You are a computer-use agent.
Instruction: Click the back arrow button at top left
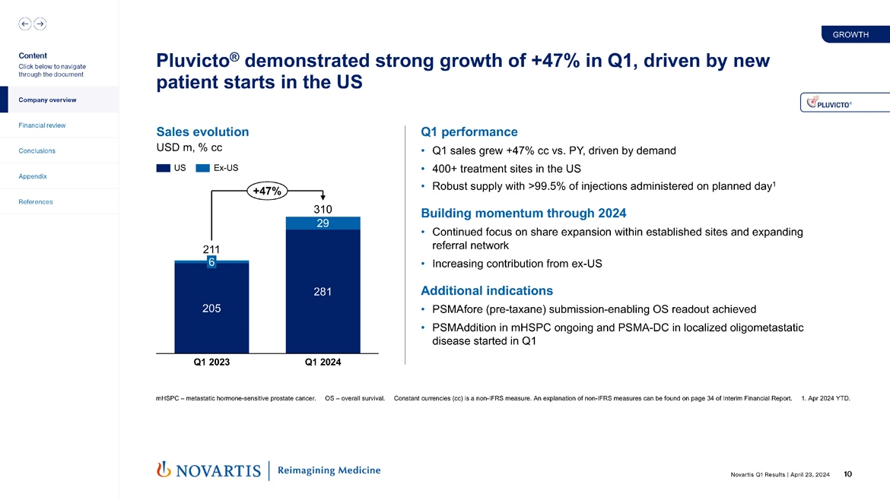(25, 24)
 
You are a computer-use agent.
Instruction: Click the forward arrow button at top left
(40, 24)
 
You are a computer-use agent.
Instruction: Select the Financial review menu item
(43, 125)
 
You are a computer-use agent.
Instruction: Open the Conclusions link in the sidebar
(37, 150)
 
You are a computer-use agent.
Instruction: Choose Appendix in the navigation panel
(33, 176)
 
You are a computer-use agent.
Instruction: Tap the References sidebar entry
(37, 201)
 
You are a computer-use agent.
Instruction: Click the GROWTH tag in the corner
(850, 34)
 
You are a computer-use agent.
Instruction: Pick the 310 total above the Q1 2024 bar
(323, 209)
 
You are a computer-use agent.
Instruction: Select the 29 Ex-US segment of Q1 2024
(323, 223)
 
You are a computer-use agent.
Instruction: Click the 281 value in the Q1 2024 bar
(323, 292)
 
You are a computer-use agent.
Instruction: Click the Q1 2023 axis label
(211, 362)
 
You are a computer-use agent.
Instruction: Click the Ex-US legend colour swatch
(202, 168)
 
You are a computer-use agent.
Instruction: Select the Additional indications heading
(486, 291)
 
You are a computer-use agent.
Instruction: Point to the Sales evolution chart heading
(202, 132)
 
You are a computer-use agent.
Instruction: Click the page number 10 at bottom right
(848, 474)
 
